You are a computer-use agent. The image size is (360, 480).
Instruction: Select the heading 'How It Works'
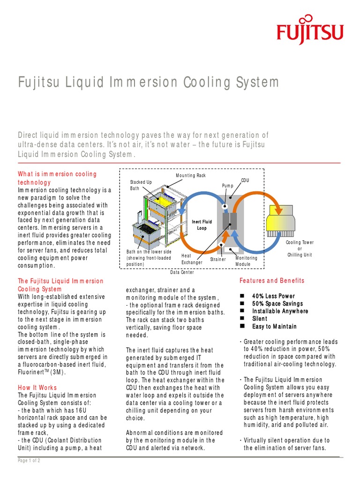(37, 388)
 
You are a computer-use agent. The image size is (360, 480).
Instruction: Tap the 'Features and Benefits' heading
(272, 281)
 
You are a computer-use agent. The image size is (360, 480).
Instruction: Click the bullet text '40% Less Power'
(273, 296)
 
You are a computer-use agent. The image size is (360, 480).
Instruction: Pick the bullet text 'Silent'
(260, 319)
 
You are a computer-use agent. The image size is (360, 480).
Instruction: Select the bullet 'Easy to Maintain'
(274, 326)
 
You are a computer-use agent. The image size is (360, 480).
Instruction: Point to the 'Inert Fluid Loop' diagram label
(202, 225)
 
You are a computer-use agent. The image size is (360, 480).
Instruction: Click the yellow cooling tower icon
(281, 220)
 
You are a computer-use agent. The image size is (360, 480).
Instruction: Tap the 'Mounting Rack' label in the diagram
(191, 175)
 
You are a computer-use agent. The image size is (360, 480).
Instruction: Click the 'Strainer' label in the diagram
(217, 259)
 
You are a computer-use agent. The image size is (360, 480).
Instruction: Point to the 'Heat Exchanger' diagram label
(192, 259)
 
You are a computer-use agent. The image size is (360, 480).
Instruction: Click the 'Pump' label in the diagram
(227, 186)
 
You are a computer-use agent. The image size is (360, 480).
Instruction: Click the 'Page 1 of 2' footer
(29, 461)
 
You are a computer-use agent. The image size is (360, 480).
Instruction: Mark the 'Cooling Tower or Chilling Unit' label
(300, 248)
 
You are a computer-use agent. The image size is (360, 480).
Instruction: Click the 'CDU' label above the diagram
(245, 180)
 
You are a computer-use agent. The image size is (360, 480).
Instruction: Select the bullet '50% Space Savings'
(277, 304)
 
